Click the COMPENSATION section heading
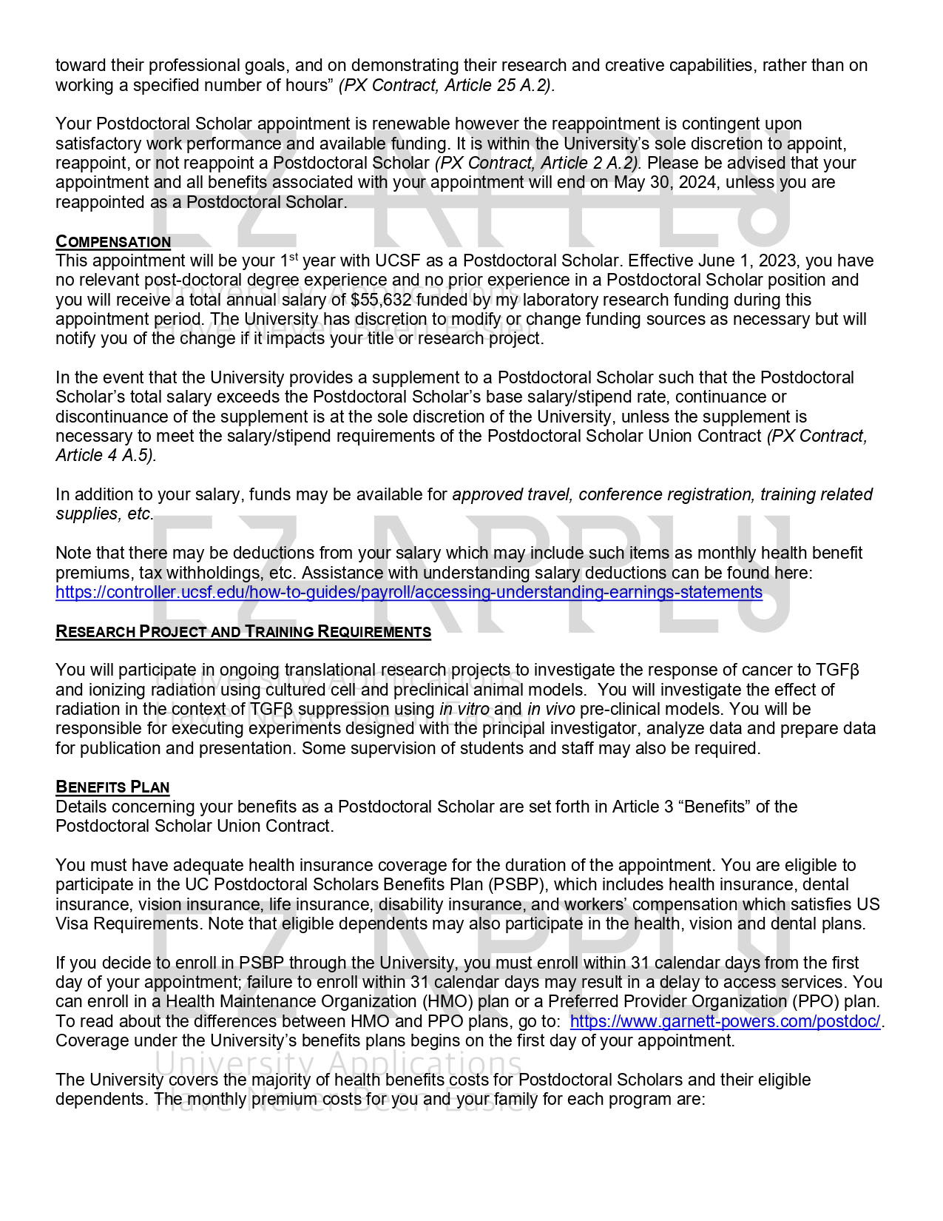click(113, 242)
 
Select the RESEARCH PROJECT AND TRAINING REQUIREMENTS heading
click(243, 632)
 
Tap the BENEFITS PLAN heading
click(112, 787)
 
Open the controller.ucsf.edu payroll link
click(408, 593)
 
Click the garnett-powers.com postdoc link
click(725, 1022)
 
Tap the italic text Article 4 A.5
click(105, 456)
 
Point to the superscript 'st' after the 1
click(293, 257)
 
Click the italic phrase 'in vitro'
click(464, 710)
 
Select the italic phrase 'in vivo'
click(551, 710)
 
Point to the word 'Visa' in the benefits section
click(72, 924)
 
